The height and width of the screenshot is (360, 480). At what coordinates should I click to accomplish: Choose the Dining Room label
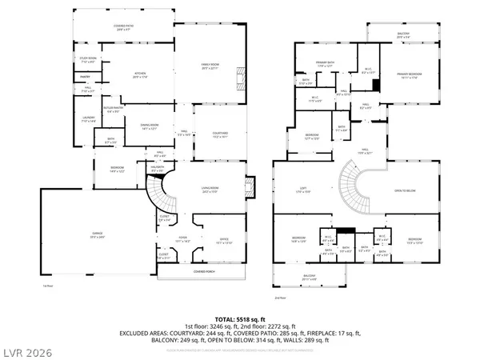[x=146, y=126]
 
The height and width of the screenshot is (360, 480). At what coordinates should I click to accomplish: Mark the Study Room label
[x=87, y=59]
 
